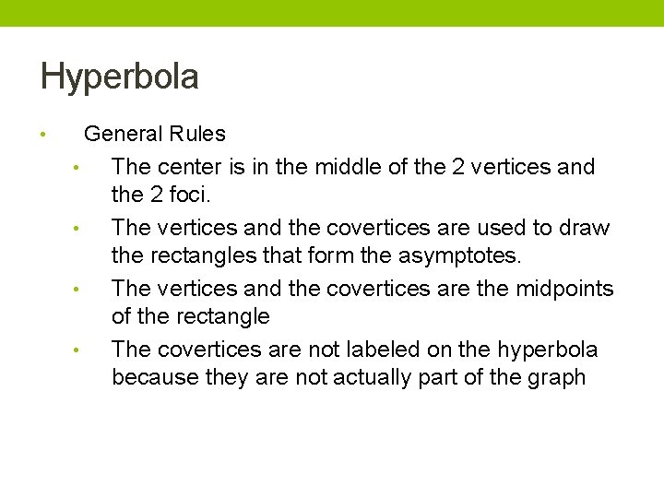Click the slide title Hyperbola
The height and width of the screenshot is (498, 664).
pyautogui.click(x=119, y=77)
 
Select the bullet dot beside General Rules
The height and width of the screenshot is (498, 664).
pyautogui.click(x=43, y=135)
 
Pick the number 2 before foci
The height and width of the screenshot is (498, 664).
pyautogui.click(x=155, y=196)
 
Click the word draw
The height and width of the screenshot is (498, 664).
pyautogui.click(x=587, y=228)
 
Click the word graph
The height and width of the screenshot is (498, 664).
pyautogui.click(x=558, y=378)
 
